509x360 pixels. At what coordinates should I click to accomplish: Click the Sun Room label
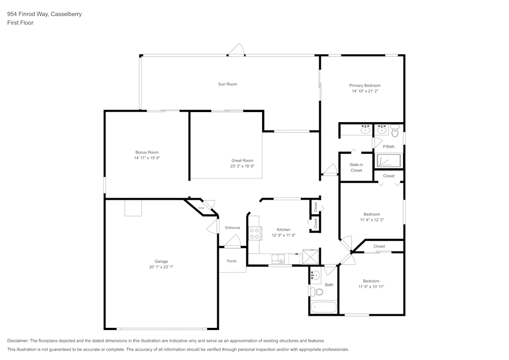click(228, 84)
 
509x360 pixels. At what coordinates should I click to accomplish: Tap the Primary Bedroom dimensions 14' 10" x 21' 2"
click(364, 92)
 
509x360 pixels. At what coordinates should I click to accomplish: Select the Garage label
click(161, 261)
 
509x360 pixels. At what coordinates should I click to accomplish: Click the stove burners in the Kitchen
click(254, 233)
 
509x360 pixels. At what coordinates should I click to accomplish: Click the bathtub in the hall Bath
click(323, 308)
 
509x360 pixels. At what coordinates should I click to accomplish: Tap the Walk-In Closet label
click(356, 168)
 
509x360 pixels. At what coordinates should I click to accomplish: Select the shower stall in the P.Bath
click(389, 161)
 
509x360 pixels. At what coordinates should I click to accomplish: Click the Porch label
click(232, 261)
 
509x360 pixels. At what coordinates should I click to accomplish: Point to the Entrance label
click(233, 228)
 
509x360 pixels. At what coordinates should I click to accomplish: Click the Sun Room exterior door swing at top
click(237, 50)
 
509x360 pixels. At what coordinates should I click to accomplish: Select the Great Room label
click(242, 160)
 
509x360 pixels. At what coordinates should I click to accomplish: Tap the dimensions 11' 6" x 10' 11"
click(371, 287)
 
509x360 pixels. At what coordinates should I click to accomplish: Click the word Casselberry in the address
click(66, 14)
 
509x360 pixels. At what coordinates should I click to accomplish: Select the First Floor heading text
click(20, 23)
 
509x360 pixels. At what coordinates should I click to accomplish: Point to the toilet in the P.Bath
click(394, 131)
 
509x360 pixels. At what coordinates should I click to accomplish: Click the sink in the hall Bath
click(315, 275)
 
